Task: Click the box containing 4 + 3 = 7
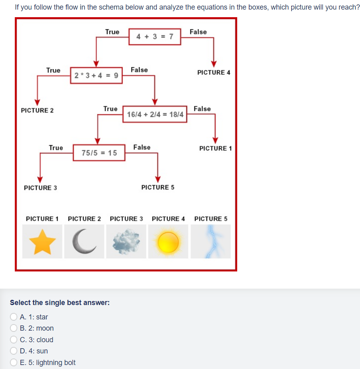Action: [x=155, y=37]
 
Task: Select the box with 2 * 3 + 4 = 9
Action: [x=96, y=75]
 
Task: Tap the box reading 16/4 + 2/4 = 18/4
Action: [x=155, y=114]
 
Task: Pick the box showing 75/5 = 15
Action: [x=99, y=153]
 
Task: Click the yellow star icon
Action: [x=42, y=241]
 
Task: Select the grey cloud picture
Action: [x=126, y=241]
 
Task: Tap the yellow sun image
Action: [x=168, y=241]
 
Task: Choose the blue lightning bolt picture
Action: [x=210, y=241]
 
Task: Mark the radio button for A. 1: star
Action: [x=14, y=317]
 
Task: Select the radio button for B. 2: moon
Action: [x=14, y=328]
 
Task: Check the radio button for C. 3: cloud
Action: [x=14, y=340]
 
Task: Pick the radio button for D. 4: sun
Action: [x=14, y=351]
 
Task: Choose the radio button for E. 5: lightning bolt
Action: [x=14, y=363]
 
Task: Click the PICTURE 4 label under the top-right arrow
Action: [x=214, y=72]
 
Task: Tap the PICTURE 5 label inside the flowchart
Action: [x=158, y=187]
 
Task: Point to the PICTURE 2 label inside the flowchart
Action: [x=37, y=110]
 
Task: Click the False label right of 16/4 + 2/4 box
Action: [x=202, y=109]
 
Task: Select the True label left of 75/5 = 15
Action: [x=56, y=148]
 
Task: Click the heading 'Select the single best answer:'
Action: [x=60, y=303]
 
